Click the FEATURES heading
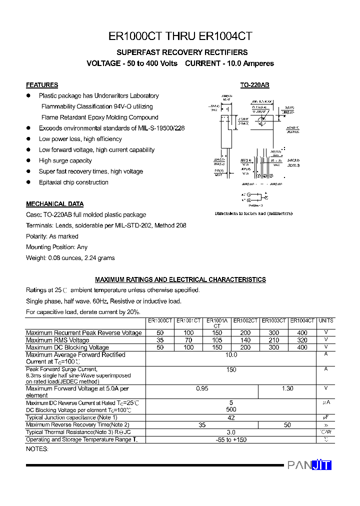click(x=42, y=85)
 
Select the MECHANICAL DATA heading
click(x=54, y=204)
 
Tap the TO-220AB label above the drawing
click(x=254, y=85)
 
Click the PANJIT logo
click(x=309, y=465)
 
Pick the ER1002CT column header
click(x=245, y=320)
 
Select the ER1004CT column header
click(x=302, y=320)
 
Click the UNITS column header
click(x=326, y=320)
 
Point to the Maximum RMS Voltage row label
click(x=57, y=340)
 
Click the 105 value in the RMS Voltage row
click(x=217, y=340)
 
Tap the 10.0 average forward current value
click(x=231, y=355)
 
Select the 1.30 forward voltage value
click(x=287, y=388)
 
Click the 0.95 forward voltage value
click(x=202, y=388)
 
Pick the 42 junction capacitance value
click(x=231, y=417)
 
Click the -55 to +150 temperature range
click(x=231, y=440)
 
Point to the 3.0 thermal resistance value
click(x=231, y=432)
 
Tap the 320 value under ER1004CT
click(x=302, y=340)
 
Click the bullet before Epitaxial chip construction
click(x=28, y=182)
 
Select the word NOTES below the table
click(x=37, y=449)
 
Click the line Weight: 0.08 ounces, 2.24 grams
click(x=70, y=258)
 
